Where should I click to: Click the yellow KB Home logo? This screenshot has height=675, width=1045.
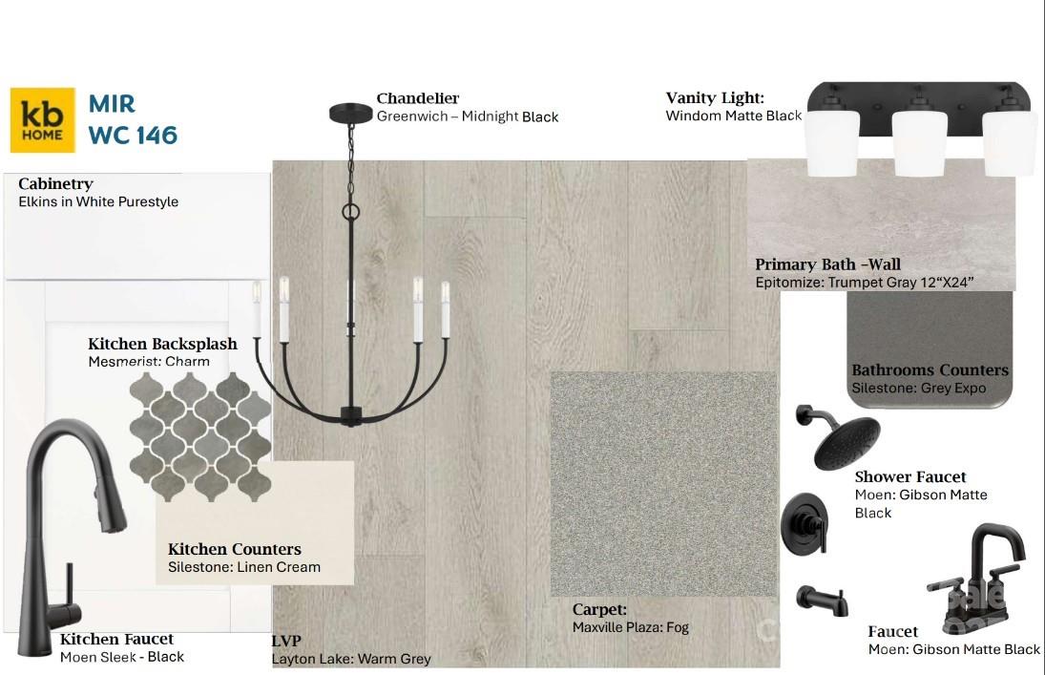click(x=43, y=120)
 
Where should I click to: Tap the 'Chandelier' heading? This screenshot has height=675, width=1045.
click(x=418, y=98)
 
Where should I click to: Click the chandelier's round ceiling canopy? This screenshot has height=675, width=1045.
click(x=350, y=113)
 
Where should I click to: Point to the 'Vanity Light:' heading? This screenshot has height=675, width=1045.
click(x=715, y=98)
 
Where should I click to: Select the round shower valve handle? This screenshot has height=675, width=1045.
click(x=805, y=523)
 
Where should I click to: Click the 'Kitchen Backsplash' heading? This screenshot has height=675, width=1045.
click(x=162, y=344)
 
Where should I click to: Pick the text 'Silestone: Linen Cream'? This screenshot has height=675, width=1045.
click(x=244, y=567)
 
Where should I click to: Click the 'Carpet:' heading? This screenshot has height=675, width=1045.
click(x=599, y=609)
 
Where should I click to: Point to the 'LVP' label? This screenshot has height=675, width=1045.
click(x=286, y=641)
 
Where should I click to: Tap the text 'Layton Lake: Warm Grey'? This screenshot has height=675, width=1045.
click(x=351, y=659)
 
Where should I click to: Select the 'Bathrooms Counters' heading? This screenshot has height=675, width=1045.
click(x=930, y=370)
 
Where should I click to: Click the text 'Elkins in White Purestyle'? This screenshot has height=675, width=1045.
click(x=98, y=201)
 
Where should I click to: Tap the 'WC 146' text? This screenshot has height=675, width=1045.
click(x=133, y=136)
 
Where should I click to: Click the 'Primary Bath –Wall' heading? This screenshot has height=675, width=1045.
click(x=827, y=264)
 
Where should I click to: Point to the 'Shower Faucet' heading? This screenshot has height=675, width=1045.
click(x=910, y=477)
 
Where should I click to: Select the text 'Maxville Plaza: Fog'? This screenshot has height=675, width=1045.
click(x=631, y=627)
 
